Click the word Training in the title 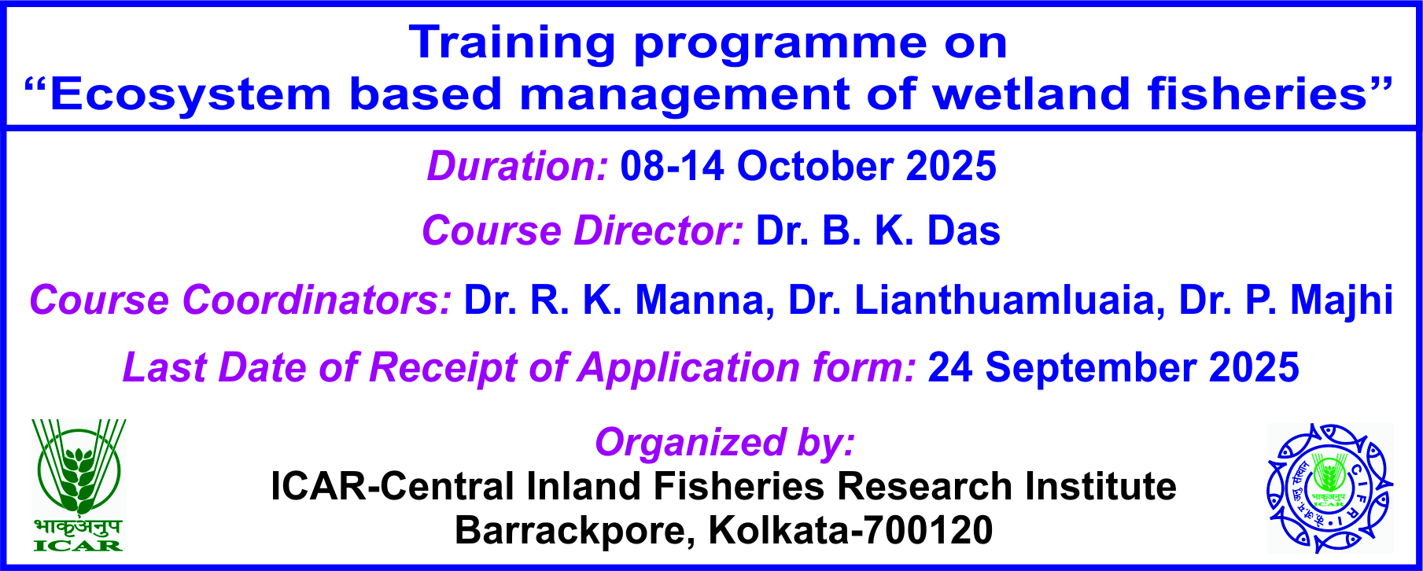[512, 43]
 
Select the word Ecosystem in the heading [190, 94]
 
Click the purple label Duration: [518, 167]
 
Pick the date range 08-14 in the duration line [673, 167]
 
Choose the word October [815, 167]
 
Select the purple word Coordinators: [317, 300]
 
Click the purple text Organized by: [724, 443]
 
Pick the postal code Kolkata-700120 [850, 531]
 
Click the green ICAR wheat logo [79, 484]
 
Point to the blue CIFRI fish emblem [1329, 488]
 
